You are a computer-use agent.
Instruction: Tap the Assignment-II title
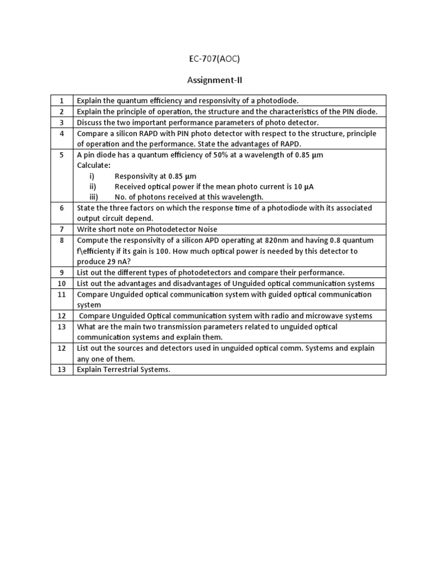click(214, 80)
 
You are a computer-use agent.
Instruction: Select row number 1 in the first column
click(61, 100)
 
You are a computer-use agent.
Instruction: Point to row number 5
click(61, 154)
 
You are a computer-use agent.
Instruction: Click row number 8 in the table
click(61, 240)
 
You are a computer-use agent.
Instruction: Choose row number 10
click(61, 283)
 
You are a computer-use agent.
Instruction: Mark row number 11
click(61, 294)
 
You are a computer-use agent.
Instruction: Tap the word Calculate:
click(93, 165)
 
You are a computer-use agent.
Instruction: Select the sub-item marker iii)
click(93, 197)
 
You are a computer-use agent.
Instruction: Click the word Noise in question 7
click(204, 229)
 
